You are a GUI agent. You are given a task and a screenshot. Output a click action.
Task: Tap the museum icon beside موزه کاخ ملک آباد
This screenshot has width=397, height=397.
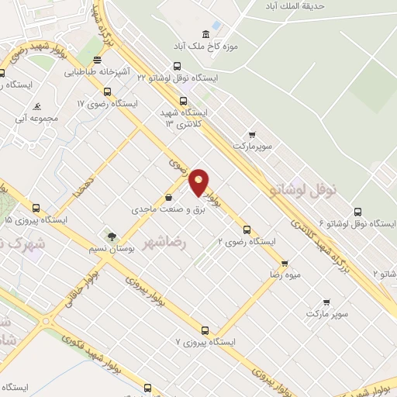205,34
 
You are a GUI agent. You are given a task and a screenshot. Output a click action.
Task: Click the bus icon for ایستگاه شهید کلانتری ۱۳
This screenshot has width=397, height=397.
183,100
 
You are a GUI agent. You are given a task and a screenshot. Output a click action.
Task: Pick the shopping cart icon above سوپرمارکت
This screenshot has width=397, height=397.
250,133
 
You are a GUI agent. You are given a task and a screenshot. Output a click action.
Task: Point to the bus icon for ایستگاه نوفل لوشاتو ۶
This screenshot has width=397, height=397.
357,211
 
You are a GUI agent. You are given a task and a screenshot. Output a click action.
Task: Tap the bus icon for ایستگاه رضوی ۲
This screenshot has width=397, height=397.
247,230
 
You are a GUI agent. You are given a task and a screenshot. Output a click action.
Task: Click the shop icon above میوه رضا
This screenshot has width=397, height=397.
285,263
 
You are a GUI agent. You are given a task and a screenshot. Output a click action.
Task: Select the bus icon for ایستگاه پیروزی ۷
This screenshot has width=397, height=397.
205,330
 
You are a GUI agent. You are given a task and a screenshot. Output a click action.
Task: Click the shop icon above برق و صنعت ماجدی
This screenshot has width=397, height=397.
168,197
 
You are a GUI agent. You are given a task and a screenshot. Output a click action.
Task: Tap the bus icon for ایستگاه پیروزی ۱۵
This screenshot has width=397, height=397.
36,208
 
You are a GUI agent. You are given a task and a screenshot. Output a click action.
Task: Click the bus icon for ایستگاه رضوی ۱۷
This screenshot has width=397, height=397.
107,91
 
